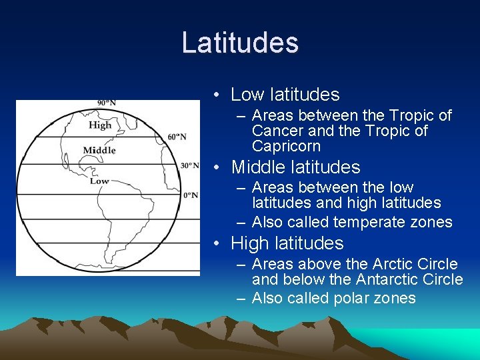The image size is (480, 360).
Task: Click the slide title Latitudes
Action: (240, 43)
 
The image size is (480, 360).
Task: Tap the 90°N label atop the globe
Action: (107, 103)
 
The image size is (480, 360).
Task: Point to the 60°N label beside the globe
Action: (177, 137)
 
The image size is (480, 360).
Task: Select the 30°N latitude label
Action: (190, 165)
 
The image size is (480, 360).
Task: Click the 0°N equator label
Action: (191, 195)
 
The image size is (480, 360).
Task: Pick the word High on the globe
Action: (100, 125)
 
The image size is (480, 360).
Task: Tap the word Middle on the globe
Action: (99, 150)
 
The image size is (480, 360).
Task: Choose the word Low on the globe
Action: (99, 181)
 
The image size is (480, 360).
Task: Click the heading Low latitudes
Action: (285, 95)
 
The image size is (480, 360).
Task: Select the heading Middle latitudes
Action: (295, 167)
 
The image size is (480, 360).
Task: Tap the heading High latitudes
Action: (287, 243)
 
